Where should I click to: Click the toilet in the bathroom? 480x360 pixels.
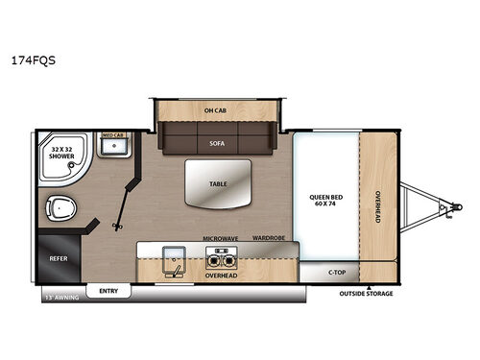(60, 206)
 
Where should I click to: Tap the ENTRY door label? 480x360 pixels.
(109, 288)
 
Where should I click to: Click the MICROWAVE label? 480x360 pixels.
(220, 236)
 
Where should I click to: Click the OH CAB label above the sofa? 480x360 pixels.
(215, 109)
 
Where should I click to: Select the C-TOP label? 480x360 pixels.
(336, 273)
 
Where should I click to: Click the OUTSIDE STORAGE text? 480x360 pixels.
(367, 294)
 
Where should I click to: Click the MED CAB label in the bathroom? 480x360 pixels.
(113, 135)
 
